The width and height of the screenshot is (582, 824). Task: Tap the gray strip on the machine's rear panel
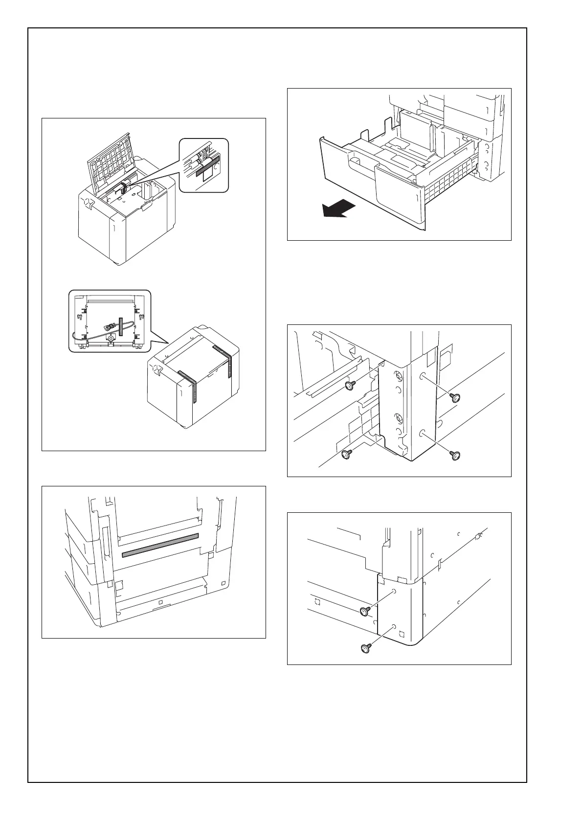coord(160,545)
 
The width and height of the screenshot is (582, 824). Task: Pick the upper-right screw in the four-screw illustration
coord(455,397)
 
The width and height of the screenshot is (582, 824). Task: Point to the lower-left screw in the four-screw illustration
coord(346,455)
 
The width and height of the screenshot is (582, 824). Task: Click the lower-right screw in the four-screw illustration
coord(455,456)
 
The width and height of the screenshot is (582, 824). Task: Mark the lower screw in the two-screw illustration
coord(365,648)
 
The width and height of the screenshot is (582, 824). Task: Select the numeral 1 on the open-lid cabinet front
coord(113,229)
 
